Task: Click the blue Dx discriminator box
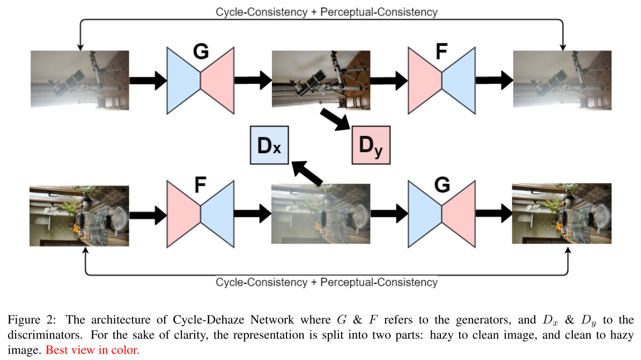click(x=269, y=145)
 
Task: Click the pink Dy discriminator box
click(x=371, y=144)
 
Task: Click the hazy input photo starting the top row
click(x=80, y=80)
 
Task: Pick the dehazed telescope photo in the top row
click(x=321, y=80)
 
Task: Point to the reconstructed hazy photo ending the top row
click(x=562, y=80)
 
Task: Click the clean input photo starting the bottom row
click(x=80, y=215)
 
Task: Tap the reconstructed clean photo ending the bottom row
click(x=562, y=215)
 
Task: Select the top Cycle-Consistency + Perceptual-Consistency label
click(x=326, y=11)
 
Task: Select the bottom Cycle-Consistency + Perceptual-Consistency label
click(x=326, y=282)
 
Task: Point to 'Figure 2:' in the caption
click(x=27, y=320)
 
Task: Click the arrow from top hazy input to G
click(x=149, y=80)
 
